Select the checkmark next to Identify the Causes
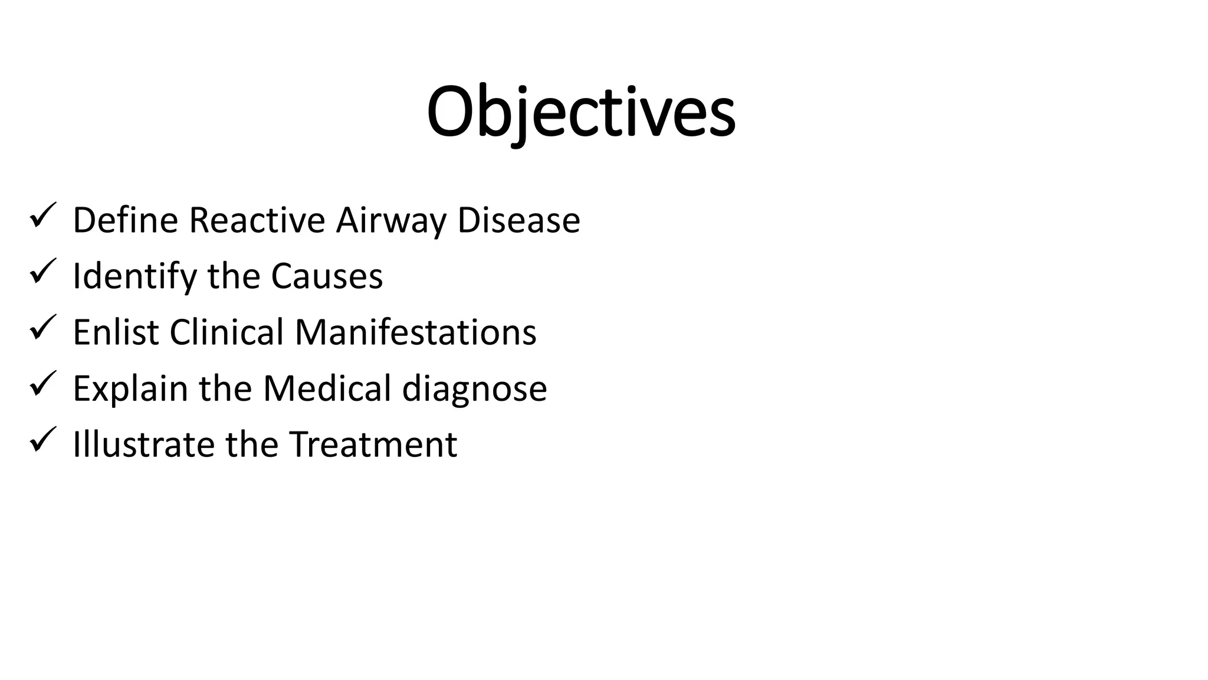(42, 272)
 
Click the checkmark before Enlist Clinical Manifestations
(42, 328)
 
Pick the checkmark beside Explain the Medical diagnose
(42, 384)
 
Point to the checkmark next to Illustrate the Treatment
(42, 440)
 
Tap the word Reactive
(257, 220)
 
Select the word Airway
(391, 221)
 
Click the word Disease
(518, 220)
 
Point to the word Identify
(135, 277)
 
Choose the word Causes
(327, 276)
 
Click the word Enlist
(116, 332)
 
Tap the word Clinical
(227, 332)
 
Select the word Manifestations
(415, 332)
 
